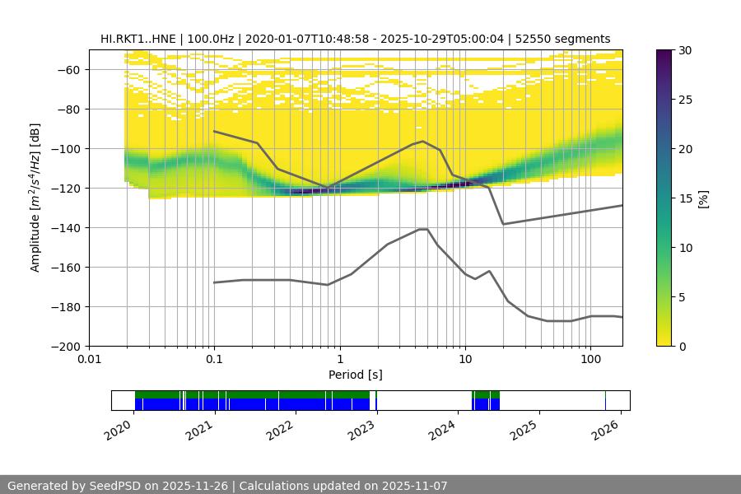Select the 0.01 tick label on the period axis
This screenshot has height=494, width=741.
[x=89, y=359]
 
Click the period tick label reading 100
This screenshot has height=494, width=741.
[x=590, y=359]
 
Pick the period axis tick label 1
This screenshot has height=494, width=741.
[x=340, y=359]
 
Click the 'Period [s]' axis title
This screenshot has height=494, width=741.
[x=356, y=375]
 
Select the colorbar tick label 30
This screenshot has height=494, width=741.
[x=685, y=50]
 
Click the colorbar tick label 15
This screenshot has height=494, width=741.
[x=685, y=198]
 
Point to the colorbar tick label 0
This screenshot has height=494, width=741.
[x=682, y=347]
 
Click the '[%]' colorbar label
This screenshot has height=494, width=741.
[x=702, y=198]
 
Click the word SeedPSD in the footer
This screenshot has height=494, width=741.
[x=115, y=486]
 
